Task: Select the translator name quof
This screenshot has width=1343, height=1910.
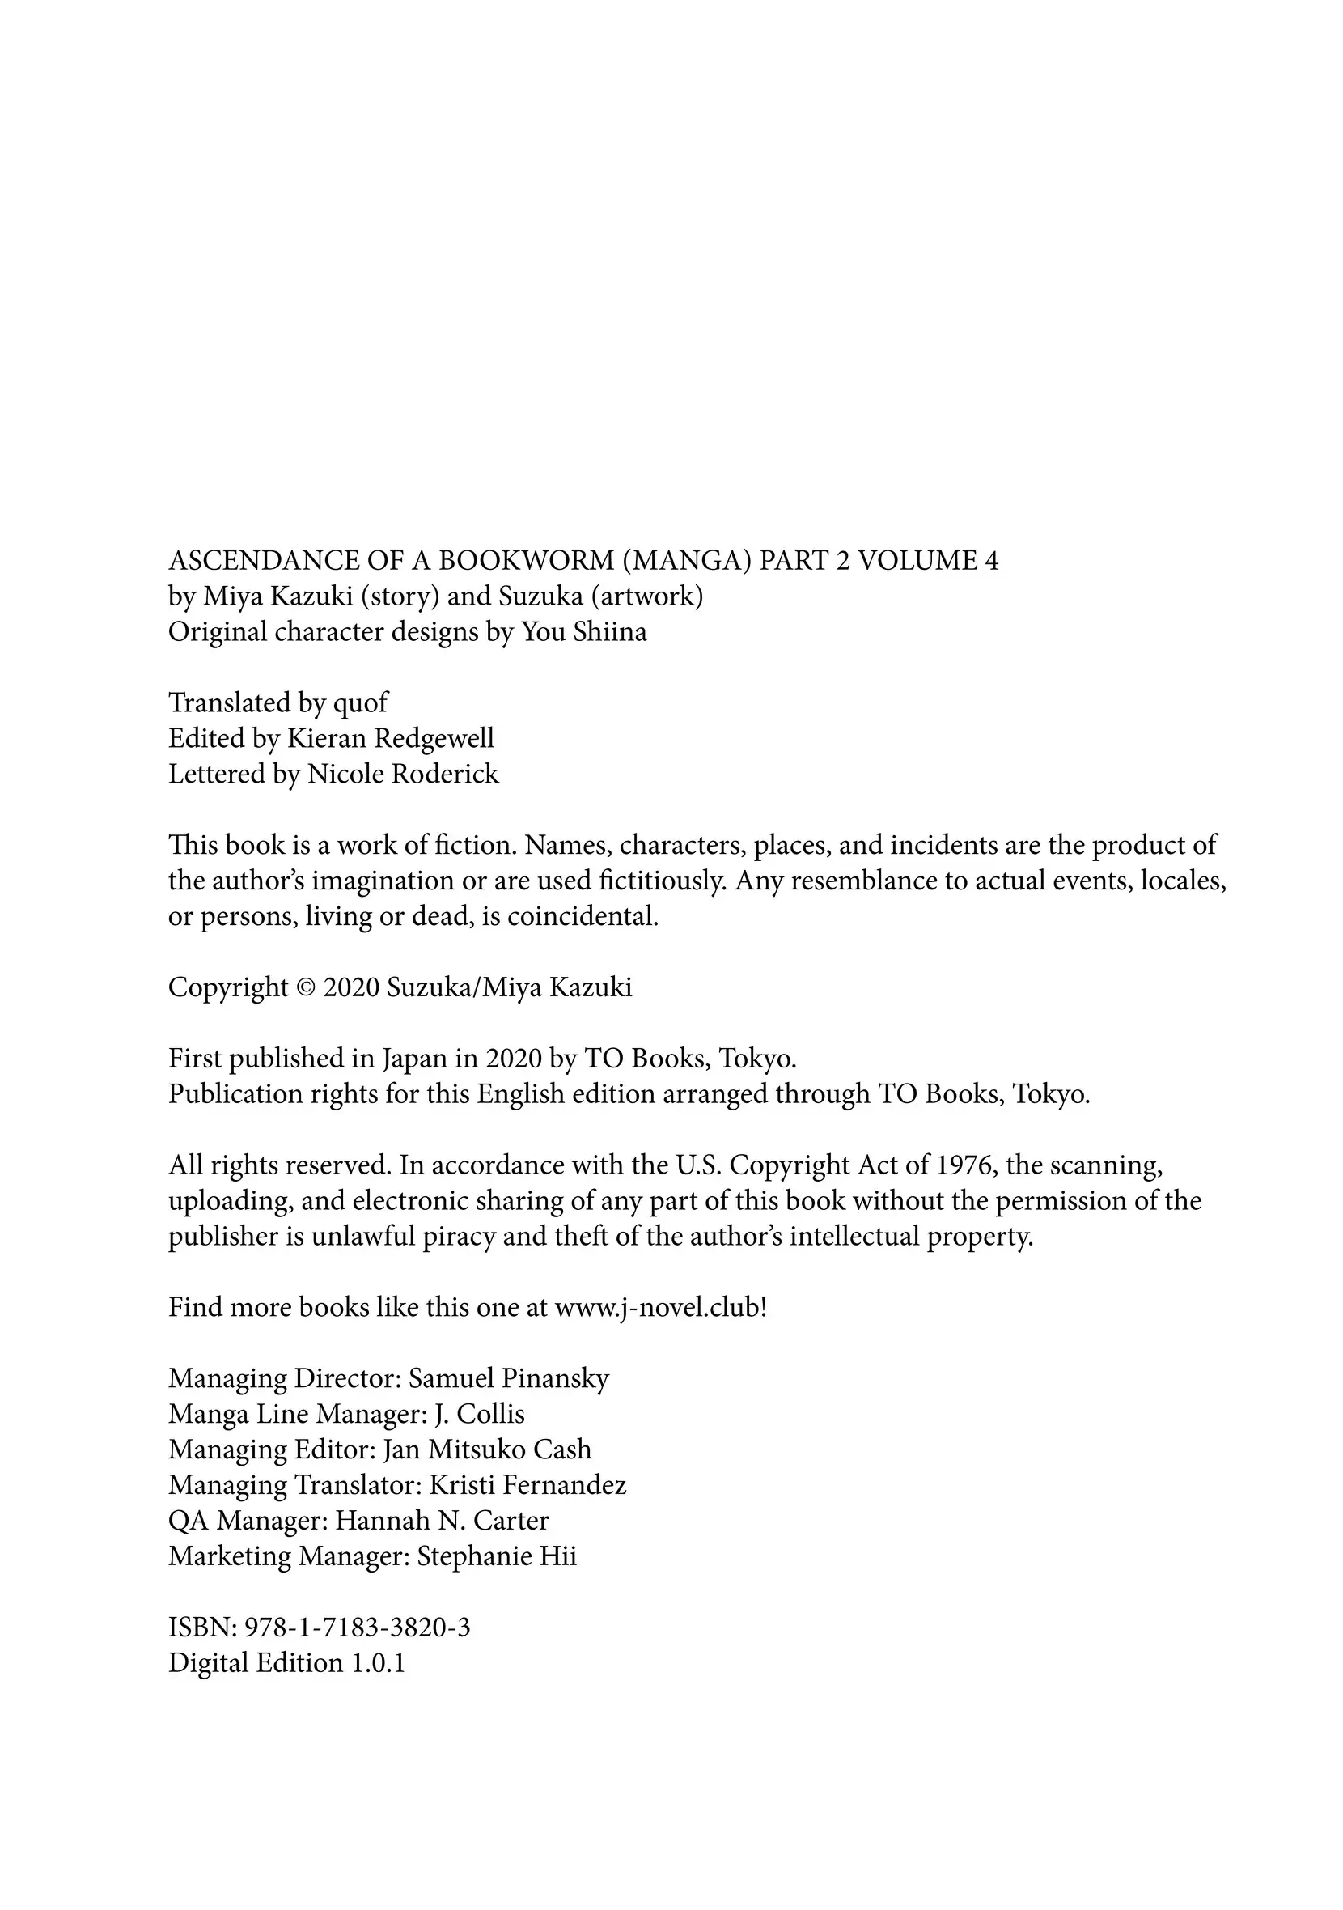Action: point(360,704)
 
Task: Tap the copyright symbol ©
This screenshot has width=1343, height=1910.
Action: point(305,987)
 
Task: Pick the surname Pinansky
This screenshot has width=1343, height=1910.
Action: point(556,1378)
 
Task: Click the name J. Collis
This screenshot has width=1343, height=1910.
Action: point(480,1414)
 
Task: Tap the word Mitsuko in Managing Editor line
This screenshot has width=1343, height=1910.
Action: point(476,1449)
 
